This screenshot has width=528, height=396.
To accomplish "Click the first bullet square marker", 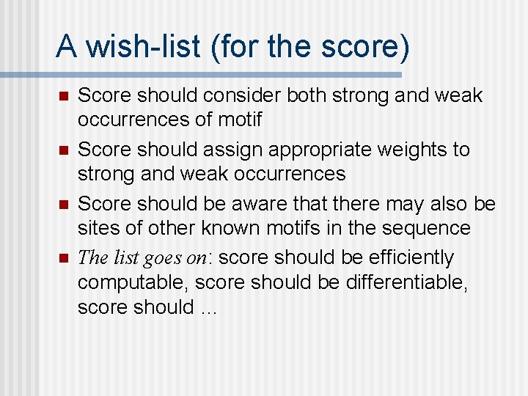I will click(x=63, y=97).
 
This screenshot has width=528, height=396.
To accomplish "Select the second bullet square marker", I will click(x=63, y=151).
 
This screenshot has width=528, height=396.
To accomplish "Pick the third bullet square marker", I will click(x=63, y=205).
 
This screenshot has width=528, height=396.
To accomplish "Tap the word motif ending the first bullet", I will click(x=238, y=119).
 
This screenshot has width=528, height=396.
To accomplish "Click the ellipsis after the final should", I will click(x=208, y=308).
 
